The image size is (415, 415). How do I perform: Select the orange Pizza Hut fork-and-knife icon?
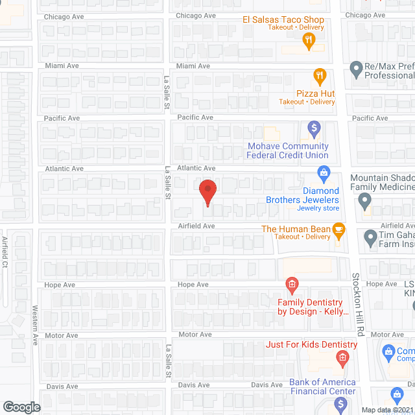pyautogui.click(x=319, y=77)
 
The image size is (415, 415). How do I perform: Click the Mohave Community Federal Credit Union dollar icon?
pyautogui.click(x=314, y=128)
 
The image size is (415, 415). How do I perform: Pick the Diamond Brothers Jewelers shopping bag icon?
pyautogui.click(x=324, y=173)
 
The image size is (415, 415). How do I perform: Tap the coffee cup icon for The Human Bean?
pyautogui.click(x=337, y=229)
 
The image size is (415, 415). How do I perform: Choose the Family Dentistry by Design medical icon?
pyautogui.click(x=292, y=284)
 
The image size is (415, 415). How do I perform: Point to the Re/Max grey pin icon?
pyautogui.click(x=355, y=67)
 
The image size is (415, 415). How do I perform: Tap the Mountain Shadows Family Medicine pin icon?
pyautogui.click(x=365, y=202)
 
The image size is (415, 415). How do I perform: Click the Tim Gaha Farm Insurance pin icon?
pyautogui.click(x=370, y=238)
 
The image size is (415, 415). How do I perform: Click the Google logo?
pyautogui.click(x=21, y=407)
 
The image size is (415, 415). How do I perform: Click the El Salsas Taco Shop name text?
pyautogui.click(x=283, y=20)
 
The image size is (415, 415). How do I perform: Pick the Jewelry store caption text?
pyautogui.click(x=318, y=208)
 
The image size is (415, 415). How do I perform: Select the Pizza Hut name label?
pyautogui.click(x=316, y=93)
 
